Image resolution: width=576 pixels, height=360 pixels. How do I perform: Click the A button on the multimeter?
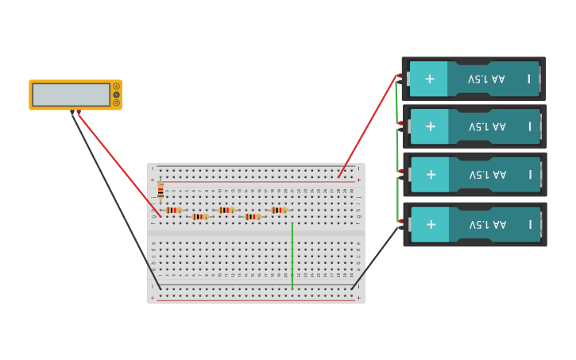(116, 87)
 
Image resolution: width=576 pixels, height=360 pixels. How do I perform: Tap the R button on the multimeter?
(116, 103)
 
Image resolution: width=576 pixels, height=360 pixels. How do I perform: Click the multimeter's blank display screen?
(71, 95)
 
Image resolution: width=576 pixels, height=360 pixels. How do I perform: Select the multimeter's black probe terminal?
(72, 112)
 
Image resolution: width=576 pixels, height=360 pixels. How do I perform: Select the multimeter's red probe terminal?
(79, 112)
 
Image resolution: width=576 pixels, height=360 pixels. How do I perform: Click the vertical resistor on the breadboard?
(160, 190)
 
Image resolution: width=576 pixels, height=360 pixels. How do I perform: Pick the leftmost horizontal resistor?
(173, 211)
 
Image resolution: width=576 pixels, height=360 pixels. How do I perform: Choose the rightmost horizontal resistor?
(278, 211)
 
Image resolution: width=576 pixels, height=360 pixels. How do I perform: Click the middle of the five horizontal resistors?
(226, 211)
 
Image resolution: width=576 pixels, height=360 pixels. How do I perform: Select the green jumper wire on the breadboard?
(292, 254)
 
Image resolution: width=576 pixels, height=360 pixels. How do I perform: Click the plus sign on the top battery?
(430, 79)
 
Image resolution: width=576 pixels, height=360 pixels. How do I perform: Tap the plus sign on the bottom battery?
(431, 224)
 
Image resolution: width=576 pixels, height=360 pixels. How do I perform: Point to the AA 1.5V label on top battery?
(486, 79)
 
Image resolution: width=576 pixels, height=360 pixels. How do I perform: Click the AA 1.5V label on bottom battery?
(487, 225)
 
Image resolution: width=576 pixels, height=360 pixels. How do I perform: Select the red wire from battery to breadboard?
(368, 126)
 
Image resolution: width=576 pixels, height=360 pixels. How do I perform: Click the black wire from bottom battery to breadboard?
(375, 257)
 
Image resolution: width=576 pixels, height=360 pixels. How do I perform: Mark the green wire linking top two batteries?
(396, 102)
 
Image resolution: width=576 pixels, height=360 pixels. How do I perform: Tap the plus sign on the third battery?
(431, 175)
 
